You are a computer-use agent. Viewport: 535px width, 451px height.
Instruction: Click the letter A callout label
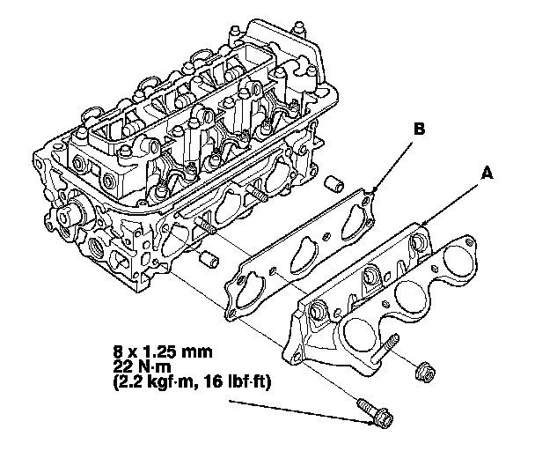click(x=487, y=173)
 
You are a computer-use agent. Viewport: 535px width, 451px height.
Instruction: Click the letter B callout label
click(x=420, y=129)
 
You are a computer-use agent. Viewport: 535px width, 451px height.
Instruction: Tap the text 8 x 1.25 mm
click(x=163, y=351)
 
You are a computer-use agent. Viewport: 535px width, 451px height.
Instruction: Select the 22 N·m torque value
click(x=142, y=367)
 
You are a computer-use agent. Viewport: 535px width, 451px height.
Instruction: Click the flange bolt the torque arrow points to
click(x=376, y=413)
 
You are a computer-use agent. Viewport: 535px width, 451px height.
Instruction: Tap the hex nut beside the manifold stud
click(x=424, y=372)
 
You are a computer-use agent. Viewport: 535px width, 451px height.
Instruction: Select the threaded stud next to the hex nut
click(x=385, y=348)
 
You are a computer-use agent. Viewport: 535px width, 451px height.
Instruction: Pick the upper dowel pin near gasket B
click(x=333, y=184)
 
